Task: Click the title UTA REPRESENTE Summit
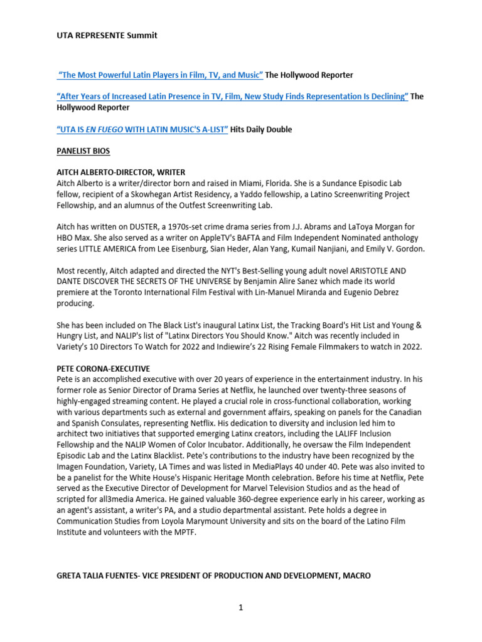pos(107,35)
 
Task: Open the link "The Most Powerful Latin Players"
pos(160,75)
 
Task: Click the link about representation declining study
pos(232,96)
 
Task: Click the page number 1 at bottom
pos(240,608)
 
